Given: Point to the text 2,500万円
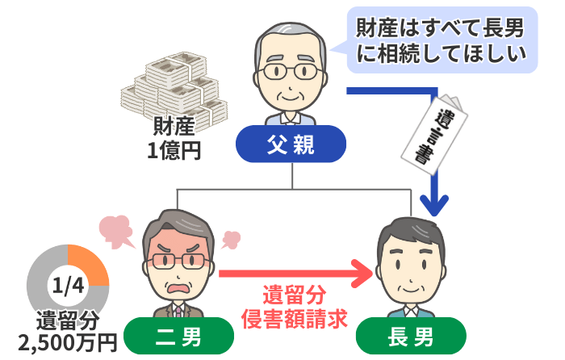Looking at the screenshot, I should click(x=68, y=342).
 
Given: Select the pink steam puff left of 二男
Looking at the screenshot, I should click(x=117, y=231).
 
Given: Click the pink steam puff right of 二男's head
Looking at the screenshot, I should click(x=229, y=240).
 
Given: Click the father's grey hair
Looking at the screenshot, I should click(x=291, y=32).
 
